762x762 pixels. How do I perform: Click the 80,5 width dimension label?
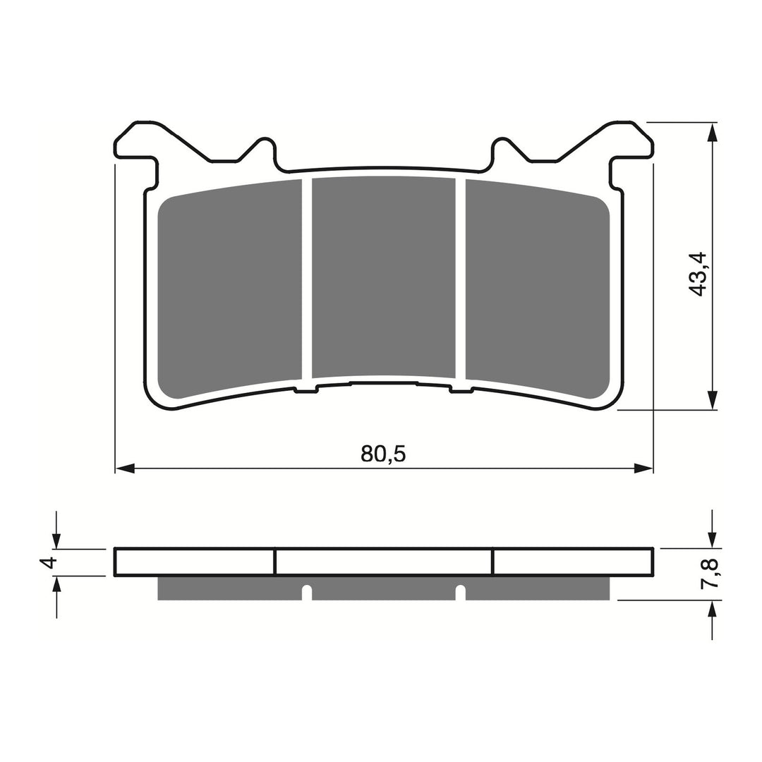click(383, 453)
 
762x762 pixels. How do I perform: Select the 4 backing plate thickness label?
click(48, 562)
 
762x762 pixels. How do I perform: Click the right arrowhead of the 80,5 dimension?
click(643, 468)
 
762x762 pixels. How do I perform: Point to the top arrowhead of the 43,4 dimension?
click(713, 132)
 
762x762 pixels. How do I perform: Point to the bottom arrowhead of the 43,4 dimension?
click(713, 400)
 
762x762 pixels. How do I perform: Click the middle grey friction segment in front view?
click(383, 275)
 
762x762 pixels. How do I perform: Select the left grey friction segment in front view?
click(229, 289)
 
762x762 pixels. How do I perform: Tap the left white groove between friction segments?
click(307, 279)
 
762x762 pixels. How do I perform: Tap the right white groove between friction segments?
click(461, 279)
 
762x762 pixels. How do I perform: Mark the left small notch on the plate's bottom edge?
click(306, 390)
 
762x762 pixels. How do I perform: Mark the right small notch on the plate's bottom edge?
click(461, 390)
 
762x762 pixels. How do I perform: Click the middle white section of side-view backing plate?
click(383, 562)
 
